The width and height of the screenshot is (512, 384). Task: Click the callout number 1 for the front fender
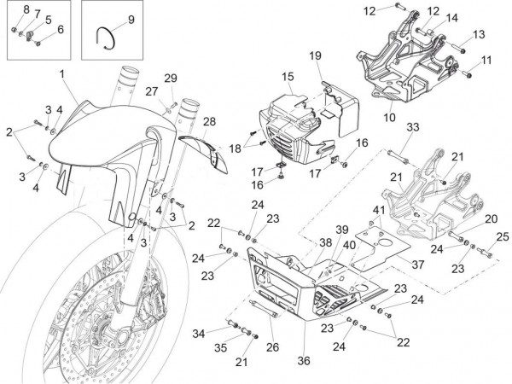click(62, 76)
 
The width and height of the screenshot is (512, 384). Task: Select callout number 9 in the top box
click(131, 19)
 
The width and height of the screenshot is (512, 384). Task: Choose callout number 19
click(315, 56)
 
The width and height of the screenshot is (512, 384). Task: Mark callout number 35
click(221, 348)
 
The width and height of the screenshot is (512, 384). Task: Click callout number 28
click(209, 121)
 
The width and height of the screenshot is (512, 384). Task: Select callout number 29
click(171, 79)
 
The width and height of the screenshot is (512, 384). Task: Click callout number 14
click(451, 18)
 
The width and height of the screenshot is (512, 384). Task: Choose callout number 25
click(502, 236)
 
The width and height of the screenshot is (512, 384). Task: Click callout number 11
click(487, 60)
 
